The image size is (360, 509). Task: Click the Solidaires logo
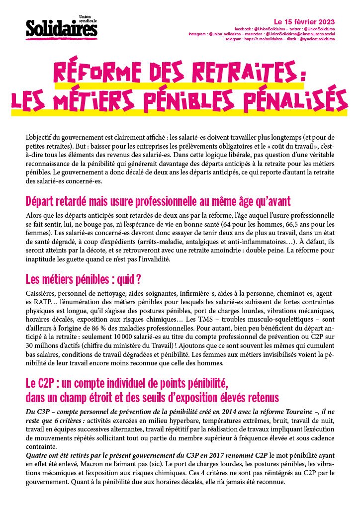(62, 29)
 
